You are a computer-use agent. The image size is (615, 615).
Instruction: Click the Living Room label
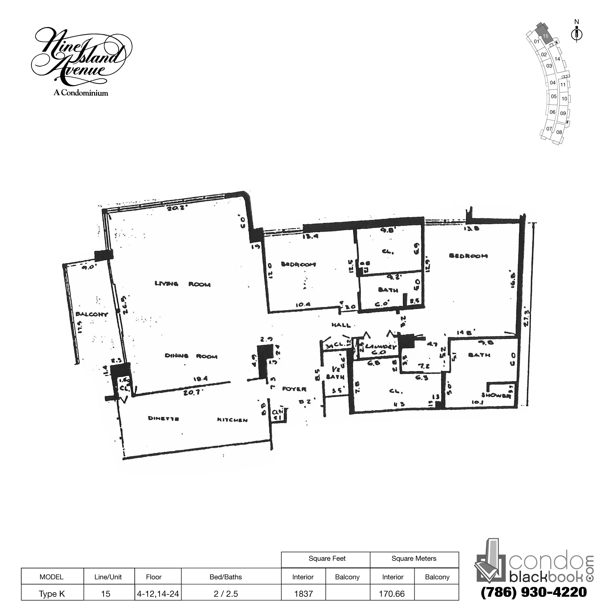183,284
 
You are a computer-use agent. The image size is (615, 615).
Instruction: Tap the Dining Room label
191,356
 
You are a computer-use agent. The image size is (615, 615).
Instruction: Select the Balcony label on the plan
92,314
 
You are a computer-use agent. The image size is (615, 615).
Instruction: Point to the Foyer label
294,389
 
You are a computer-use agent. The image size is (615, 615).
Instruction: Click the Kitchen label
233,420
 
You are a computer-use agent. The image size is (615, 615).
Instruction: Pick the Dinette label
163,418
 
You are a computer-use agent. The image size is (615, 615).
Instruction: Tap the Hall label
341,325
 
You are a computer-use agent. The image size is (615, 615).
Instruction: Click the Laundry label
381,347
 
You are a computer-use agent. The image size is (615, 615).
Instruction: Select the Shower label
496,395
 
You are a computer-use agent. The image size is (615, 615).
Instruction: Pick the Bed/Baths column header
226,577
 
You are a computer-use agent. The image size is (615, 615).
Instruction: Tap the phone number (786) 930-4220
534,592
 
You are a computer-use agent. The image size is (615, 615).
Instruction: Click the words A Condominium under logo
81,93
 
